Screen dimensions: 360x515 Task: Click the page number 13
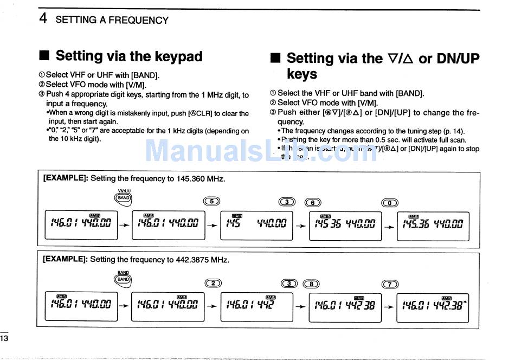[x=4, y=338]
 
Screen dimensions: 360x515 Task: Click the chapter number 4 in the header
[x=43, y=19]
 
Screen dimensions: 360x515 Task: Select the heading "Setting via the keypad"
[x=129, y=56]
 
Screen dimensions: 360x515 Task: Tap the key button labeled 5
[x=212, y=202]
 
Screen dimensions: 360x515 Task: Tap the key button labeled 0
[x=390, y=203]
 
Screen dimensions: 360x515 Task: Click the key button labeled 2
[x=213, y=283]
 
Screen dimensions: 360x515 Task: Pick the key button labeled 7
[x=390, y=284]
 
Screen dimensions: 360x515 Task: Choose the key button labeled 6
[x=313, y=202]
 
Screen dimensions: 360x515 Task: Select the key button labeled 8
[x=311, y=284]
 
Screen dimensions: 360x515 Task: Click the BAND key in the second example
[x=124, y=280]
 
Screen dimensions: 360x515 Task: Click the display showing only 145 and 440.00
[x=257, y=226]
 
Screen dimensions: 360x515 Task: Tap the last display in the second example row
[x=433, y=307]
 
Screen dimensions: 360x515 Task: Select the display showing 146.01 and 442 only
[x=257, y=307]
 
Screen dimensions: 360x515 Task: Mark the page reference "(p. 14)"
[x=453, y=131]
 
